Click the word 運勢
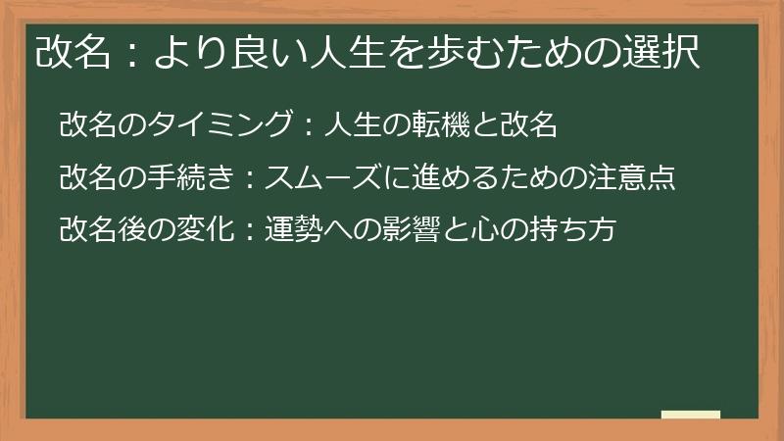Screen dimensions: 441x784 pos(292,232)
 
